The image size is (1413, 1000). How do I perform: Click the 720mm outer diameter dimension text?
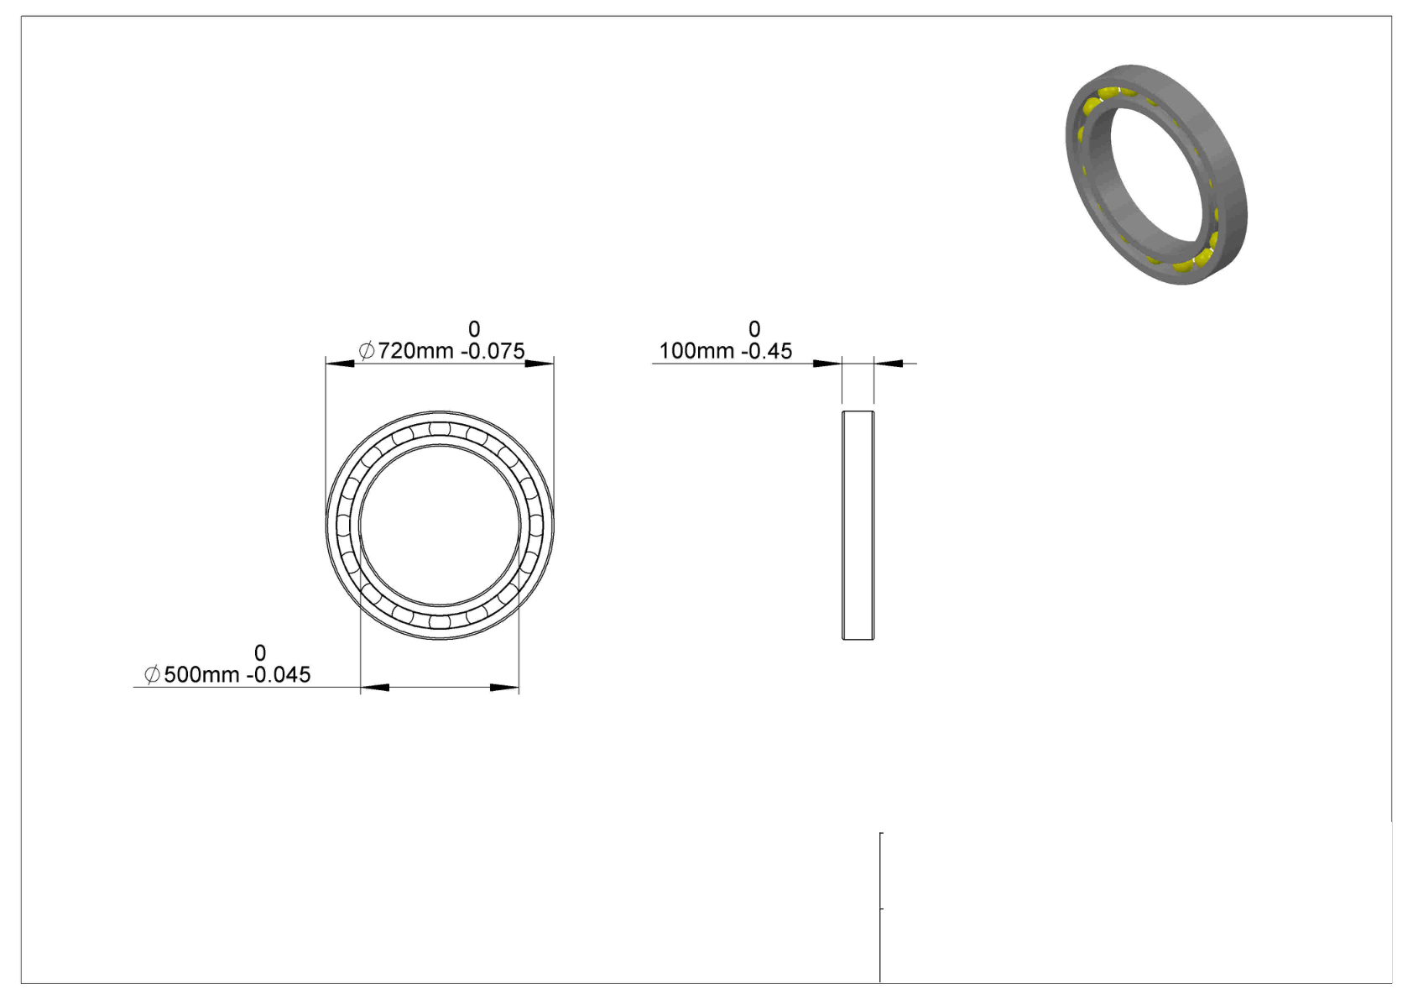tap(415, 351)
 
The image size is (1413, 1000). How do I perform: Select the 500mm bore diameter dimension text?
tap(201, 675)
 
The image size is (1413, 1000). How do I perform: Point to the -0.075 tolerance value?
tap(493, 351)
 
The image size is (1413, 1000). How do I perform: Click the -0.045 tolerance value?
tap(279, 675)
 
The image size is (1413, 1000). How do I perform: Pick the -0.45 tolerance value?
tap(766, 351)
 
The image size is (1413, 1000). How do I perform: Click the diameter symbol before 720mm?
tap(367, 351)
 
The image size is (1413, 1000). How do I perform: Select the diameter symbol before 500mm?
tap(152, 675)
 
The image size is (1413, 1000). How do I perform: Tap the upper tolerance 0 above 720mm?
tap(474, 329)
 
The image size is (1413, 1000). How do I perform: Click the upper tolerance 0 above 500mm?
tap(260, 652)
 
